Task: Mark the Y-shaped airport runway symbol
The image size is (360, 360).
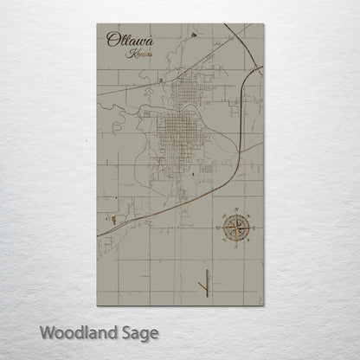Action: (x=206, y=281)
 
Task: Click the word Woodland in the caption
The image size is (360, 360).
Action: (x=74, y=332)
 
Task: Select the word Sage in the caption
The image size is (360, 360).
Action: (x=136, y=333)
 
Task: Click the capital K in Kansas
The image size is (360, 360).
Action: (x=127, y=54)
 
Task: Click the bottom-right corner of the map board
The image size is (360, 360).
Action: (x=264, y=305)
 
